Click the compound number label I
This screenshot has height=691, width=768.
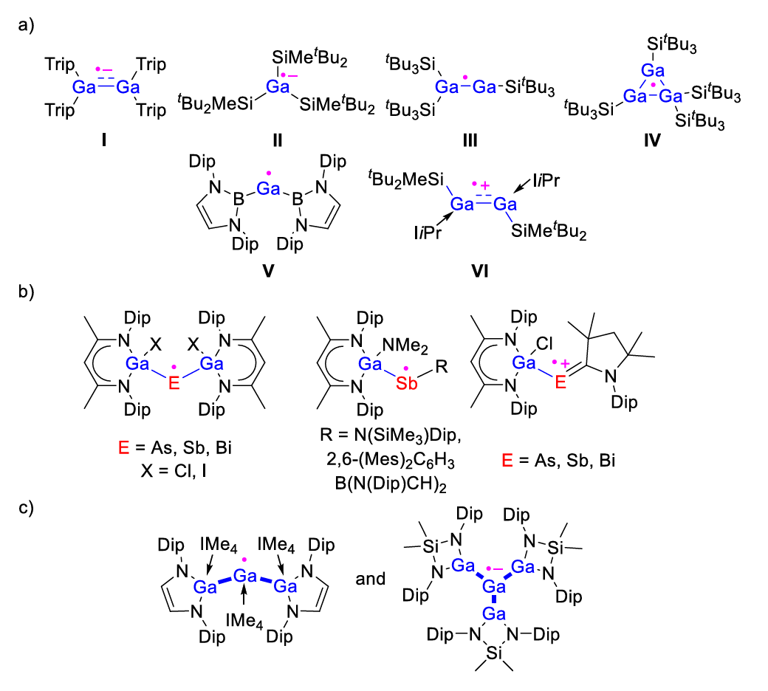[104, 140]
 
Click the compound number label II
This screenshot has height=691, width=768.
[277, 140]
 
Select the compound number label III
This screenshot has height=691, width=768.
[470, 140]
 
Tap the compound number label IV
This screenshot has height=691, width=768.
[652, 140]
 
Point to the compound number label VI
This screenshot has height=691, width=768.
[479, 271]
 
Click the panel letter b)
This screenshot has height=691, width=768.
[26, 292]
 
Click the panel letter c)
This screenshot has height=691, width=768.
[26, 508]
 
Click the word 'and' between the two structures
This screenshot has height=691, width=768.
[370, 579]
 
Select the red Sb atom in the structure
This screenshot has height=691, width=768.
[406, 383]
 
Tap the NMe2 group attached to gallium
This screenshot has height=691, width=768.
[405, 345]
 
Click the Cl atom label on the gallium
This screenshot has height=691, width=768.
[544, 343]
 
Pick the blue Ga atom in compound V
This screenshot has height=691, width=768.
[268, 188]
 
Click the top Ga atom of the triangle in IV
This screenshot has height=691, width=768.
[652, 70]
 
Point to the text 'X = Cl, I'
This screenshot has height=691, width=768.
[174, 471]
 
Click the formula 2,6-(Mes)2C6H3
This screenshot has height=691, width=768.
[391, 461]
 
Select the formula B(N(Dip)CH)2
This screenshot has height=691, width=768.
[391, 484]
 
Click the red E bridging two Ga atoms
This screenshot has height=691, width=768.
[174, 383]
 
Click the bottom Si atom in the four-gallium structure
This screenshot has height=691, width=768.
[494, 653]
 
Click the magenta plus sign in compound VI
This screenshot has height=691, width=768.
[485, 185]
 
